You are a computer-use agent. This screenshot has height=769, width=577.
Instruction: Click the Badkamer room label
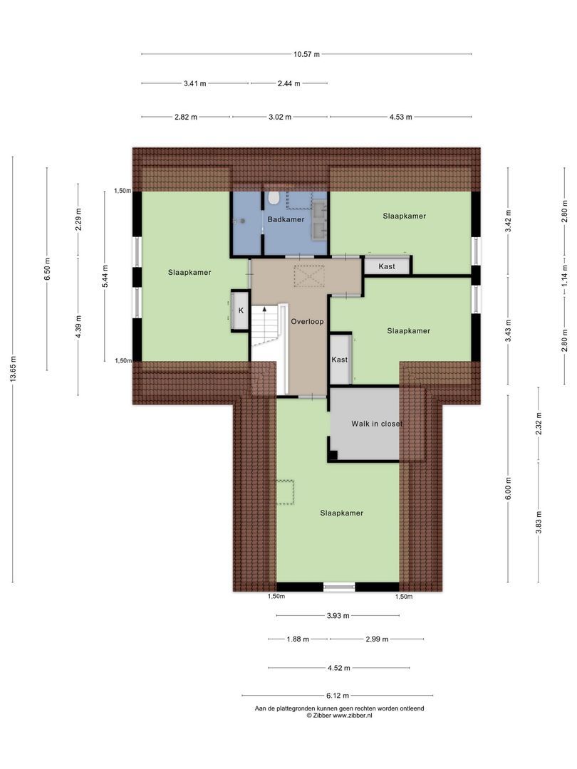tap(286, 219)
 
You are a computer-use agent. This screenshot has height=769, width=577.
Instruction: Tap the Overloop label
tap(307, 322)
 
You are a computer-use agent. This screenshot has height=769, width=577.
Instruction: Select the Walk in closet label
tap(377, 424)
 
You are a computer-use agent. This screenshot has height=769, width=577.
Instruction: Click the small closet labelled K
tap(241, 311)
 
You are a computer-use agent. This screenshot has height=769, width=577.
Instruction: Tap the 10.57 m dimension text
tap(306, 54)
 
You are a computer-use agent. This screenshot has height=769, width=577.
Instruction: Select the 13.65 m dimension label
tap(14, 369)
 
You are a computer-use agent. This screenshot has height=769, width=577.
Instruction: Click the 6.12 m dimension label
tap(338, 696)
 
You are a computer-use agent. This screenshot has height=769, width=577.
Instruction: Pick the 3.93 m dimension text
tap(338, 615)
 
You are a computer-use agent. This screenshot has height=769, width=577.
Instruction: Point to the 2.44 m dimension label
tap(289, 84)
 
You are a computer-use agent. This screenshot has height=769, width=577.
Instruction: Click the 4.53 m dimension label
tap(400, 117)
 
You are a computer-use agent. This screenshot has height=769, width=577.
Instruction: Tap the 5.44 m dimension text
tap(105, 276)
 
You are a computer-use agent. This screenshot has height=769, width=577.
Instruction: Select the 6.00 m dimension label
tap(509, 488)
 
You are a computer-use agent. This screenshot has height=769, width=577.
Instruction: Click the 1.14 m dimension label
tap(565, 275)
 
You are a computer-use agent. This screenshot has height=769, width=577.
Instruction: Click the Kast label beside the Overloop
tap(340, 360)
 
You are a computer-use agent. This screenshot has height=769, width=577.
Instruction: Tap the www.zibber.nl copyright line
tap(340, 716)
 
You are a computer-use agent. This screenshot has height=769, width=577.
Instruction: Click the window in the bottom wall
tap(339, 587)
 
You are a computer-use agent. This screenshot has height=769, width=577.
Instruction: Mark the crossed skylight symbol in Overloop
tap(308, 275)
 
